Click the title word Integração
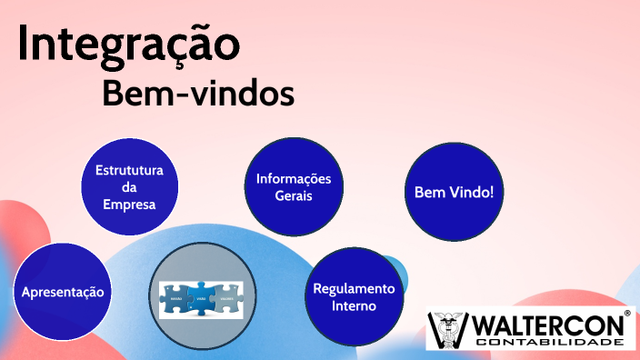[x=129, y=45]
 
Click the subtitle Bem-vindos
[x=197, y=94]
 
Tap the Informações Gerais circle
[x=293, y=186]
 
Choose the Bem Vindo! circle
[x=453, y=193]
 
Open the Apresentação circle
[x=63, y=293]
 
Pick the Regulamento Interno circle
[x=354, y=297]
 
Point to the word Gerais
[x=293, y=195]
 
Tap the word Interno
[x=355, y=306]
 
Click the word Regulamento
[x=355, y=289]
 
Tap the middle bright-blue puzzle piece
[x=202, y=298]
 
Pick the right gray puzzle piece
[x=226, y=298]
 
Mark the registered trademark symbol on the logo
[x=627, y=313]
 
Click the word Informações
[x=293, y=178]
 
